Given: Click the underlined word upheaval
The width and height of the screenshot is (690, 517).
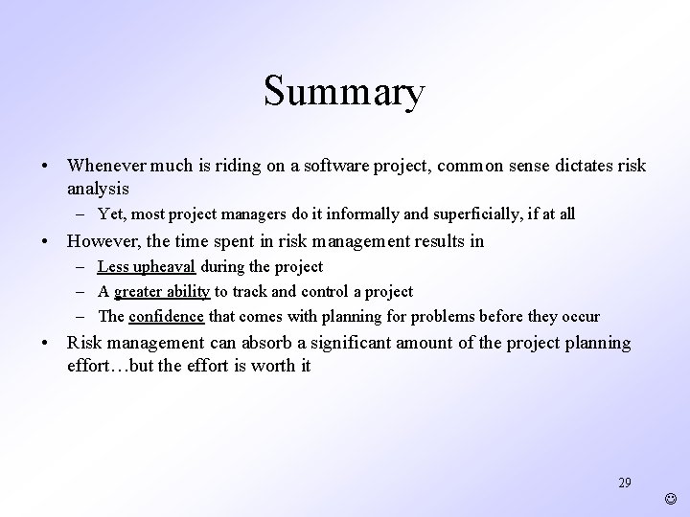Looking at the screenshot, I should point(163,266).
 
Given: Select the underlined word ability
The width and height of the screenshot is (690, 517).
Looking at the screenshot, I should point(189,291).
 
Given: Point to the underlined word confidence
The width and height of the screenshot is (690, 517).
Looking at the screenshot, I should point(166,316).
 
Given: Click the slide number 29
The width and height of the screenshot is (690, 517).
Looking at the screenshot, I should point(625,483).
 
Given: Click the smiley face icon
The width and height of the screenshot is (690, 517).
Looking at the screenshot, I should point(670,498).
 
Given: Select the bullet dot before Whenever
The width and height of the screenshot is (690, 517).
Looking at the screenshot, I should point(46,166).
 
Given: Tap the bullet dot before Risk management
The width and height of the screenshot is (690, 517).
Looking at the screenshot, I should point(46,343).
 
